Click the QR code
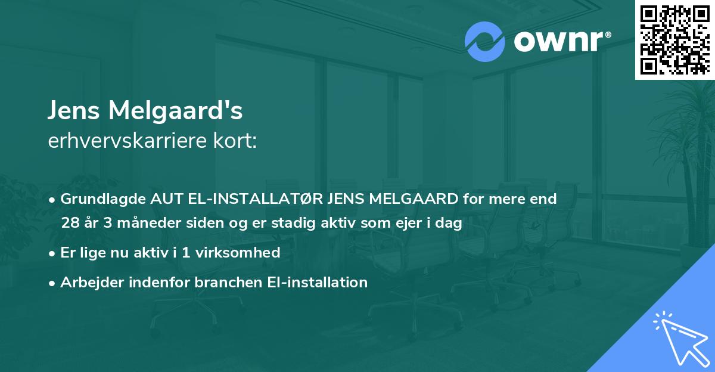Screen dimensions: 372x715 674,39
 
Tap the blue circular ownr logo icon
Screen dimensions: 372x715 485,42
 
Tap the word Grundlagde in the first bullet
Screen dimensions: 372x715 98,199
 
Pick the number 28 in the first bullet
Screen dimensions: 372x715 70,223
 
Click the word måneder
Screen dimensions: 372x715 133,223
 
